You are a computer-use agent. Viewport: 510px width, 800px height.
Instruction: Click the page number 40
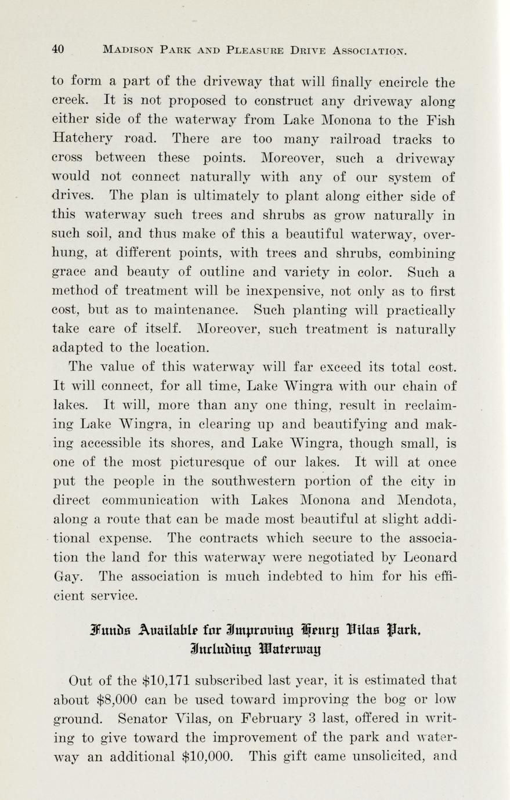point(57,49)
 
